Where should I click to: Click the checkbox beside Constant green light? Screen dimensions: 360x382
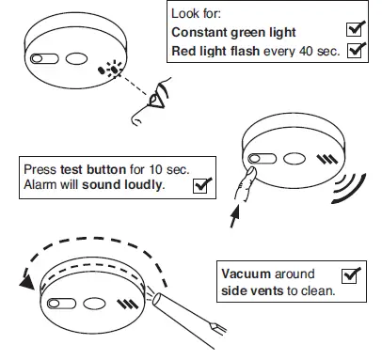tap(356, 29)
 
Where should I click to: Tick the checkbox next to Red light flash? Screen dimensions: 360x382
tap(356, 50)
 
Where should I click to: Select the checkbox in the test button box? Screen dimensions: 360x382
tap(199, 184)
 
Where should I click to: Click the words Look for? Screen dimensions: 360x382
tap(196, 13)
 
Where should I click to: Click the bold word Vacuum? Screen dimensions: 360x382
tap(246, 274)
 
